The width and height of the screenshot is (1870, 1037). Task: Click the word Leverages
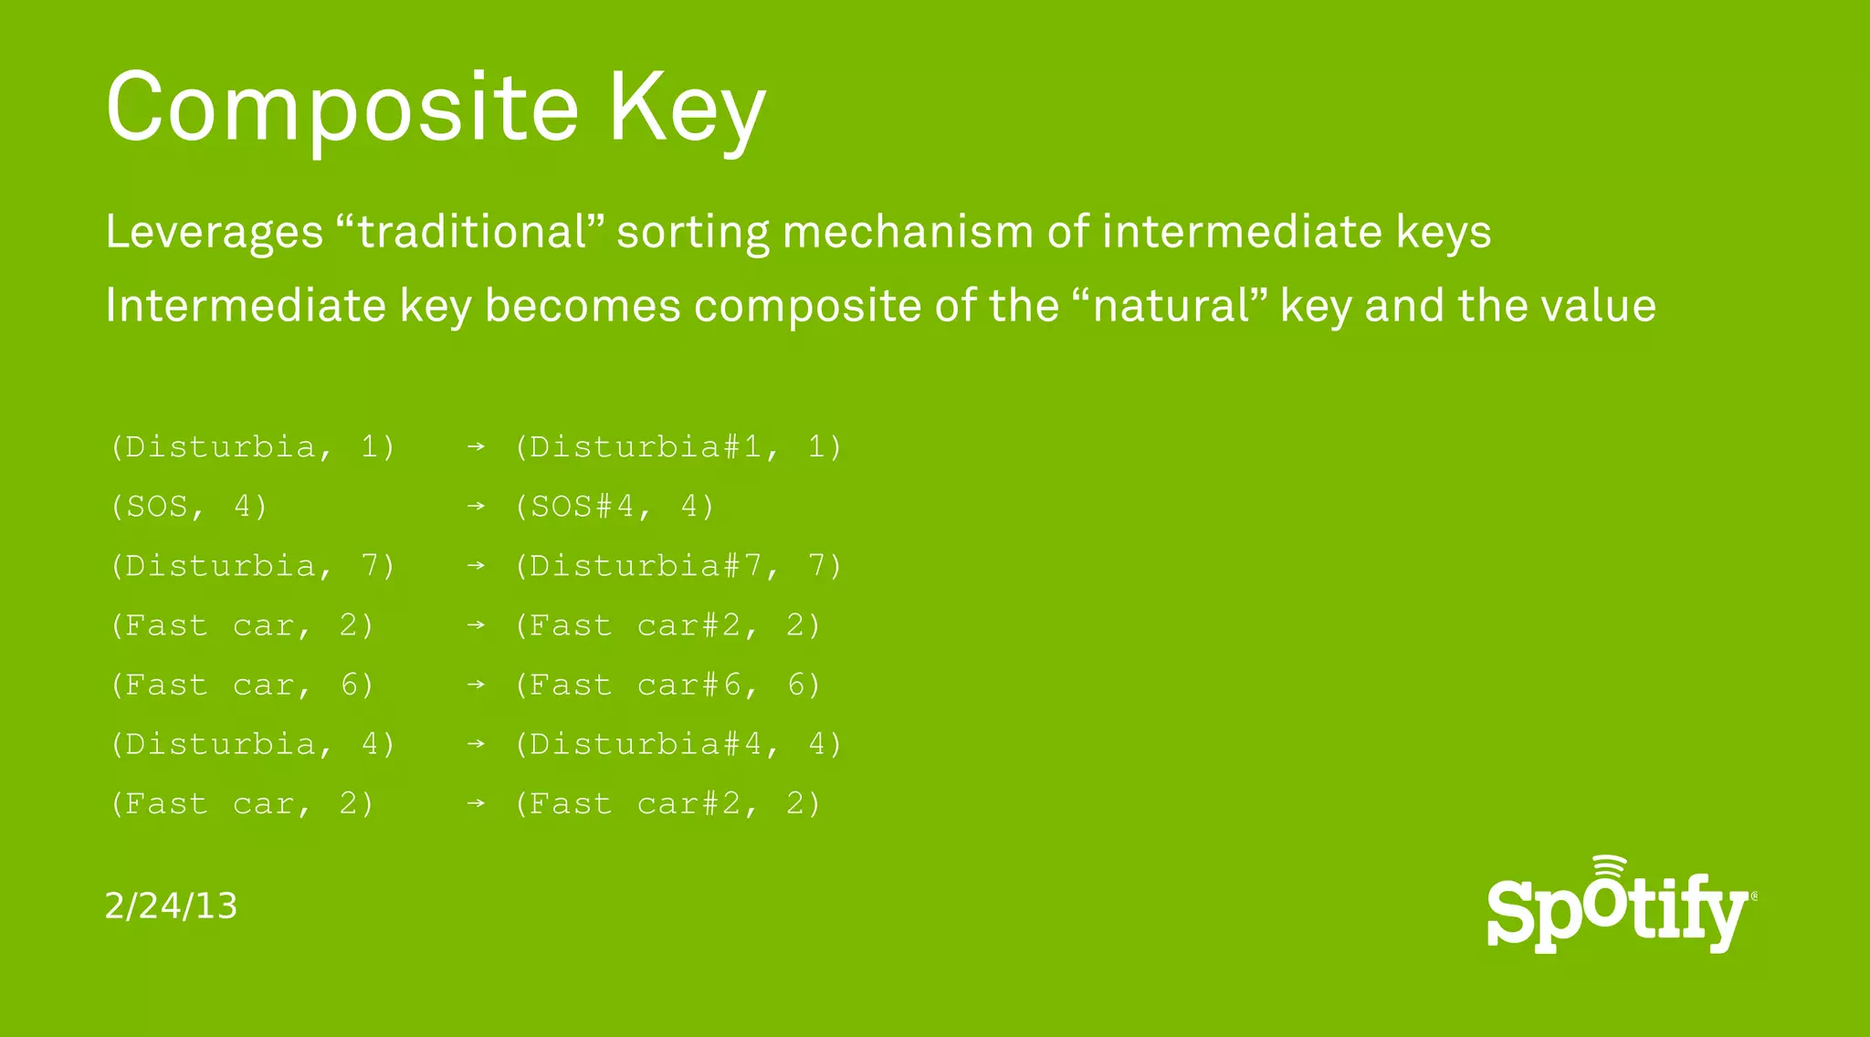pos(215,231)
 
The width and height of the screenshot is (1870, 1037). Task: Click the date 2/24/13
pos(171,906)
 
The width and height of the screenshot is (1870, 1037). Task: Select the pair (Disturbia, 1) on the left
pos(253,447)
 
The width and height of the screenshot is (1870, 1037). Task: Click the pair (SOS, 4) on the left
pos(189,507)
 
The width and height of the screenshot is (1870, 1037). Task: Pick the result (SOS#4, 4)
pos(614,507)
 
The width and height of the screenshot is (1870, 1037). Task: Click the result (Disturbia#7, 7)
pos(678,566)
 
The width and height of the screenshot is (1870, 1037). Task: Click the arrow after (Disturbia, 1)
pos(476,447)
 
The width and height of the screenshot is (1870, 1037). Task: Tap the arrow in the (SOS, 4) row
pos(476,507)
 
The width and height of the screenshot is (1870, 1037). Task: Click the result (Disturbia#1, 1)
pos(678,447)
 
